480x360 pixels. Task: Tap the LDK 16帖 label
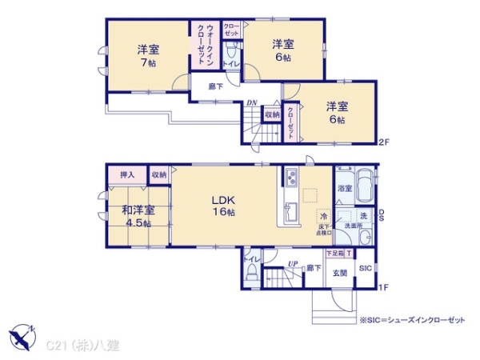(x=222, y=206)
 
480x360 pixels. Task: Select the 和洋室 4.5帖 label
(x=138, y=216)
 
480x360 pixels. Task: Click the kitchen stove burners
(x=290, y=178)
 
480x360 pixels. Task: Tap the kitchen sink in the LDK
(x=289, y=213)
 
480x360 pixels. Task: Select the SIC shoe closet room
(x=365, y=268)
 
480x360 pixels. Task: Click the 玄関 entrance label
(x=340, y=273)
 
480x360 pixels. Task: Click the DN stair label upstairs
(x=250, y=102)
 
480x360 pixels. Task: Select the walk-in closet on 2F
(x=201, y=48)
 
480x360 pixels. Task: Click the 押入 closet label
(x=126, y=174)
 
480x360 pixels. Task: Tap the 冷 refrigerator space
(x=324, y=217)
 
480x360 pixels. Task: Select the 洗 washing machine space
(x=362, y=217)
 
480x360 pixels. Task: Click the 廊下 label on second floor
(x=215, y=86)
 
